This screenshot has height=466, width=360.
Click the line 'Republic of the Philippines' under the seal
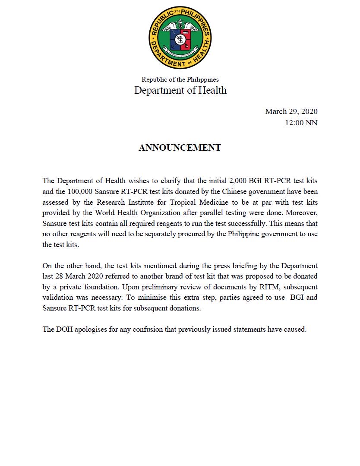[180, 79]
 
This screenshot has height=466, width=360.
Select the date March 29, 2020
[291, 111]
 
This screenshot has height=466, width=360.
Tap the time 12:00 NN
[301, 123]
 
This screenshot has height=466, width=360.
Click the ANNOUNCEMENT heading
[180, 148]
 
